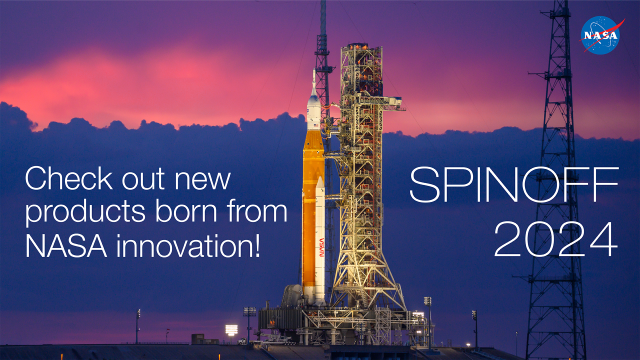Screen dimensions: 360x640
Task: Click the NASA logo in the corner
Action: [603, 35]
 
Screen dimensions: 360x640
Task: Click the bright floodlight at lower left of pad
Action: [232, 329]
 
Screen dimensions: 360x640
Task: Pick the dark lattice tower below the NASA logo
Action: [556, 200]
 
